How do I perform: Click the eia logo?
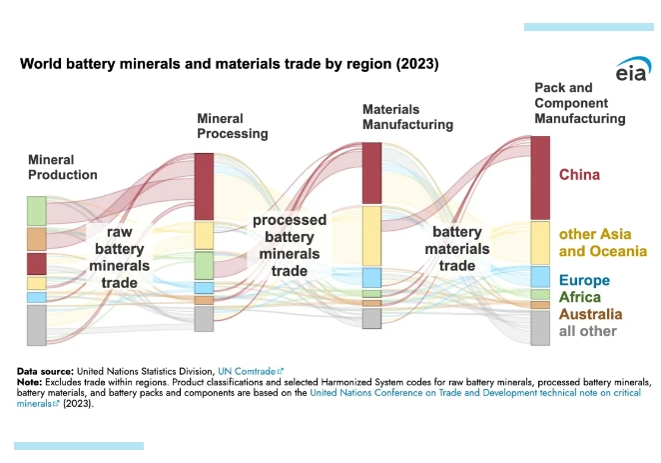click(x=630, y=73)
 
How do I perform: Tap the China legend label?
click(x=579, y=175)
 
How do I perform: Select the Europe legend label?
click(x=584, y=280)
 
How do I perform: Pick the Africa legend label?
click(x=579, y=297)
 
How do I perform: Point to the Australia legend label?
click(x=590, y=314)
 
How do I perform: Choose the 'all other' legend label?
click(x=588, y=331)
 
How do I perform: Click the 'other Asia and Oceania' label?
click(x=602, y=242)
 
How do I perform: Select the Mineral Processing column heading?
click(x=232, y=126)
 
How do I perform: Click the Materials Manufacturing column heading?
click(x=407, y=116)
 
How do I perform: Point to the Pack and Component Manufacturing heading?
click(x=580, y=103)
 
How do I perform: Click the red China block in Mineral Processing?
click(x=204, y=186)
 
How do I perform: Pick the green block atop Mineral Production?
click(x=37, y=211)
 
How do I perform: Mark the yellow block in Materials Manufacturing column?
click(x=371, y=236)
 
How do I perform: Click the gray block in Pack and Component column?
click(x=540, y=329)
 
